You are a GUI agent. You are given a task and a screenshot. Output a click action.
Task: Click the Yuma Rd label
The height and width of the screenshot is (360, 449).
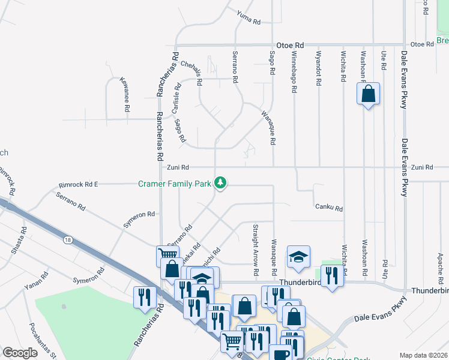tap(248, 17)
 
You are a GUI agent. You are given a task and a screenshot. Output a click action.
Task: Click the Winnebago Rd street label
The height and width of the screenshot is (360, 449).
tap(294, 72)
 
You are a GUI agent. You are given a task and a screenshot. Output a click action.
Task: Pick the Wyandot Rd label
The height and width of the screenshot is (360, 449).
tap(318, 67)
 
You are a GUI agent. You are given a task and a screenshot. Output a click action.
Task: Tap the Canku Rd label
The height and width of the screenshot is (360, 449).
tap(329, 208)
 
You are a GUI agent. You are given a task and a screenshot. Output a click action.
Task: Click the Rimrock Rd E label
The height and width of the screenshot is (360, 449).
tap(78, 185)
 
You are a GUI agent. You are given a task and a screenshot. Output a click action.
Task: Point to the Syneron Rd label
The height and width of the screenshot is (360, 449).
tap(139, 217)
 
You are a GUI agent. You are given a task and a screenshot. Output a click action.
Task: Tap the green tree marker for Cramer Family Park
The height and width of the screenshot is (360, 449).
tap(221, 182)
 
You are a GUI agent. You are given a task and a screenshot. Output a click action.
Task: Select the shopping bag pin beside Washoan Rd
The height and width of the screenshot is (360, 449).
tap(369, 94)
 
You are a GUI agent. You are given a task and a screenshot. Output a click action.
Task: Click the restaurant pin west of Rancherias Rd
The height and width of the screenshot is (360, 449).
tap(145, 297)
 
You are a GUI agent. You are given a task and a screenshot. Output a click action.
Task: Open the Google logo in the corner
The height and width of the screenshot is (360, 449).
tap(20, 353)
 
